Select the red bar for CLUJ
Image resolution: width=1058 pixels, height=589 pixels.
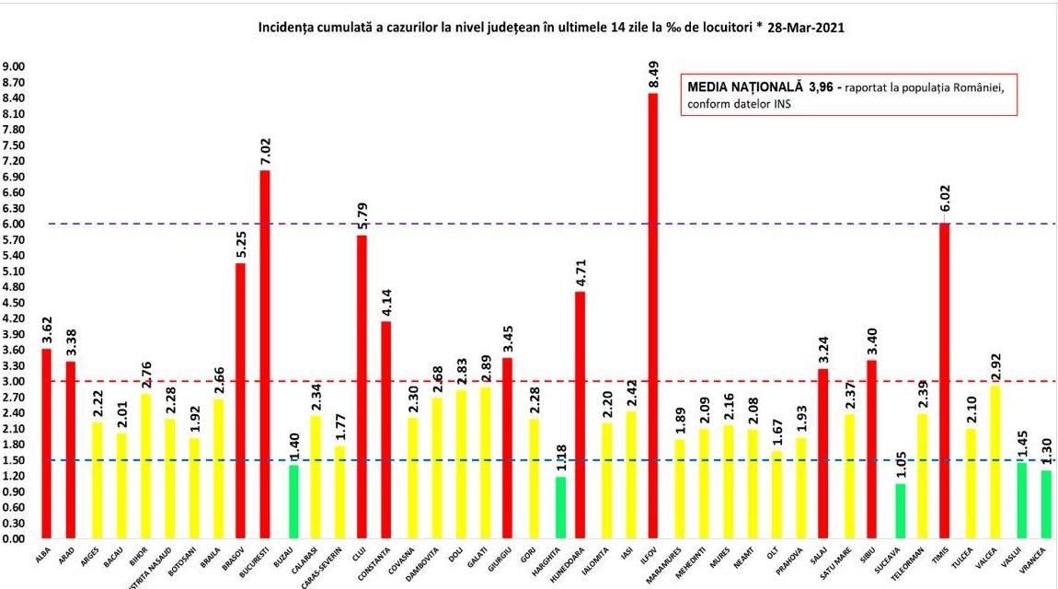(x=362, y=387)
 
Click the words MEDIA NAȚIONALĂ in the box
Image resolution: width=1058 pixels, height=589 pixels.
(x=744, y=86)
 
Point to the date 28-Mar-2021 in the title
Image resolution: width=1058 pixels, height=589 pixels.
(x=806, y=29)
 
